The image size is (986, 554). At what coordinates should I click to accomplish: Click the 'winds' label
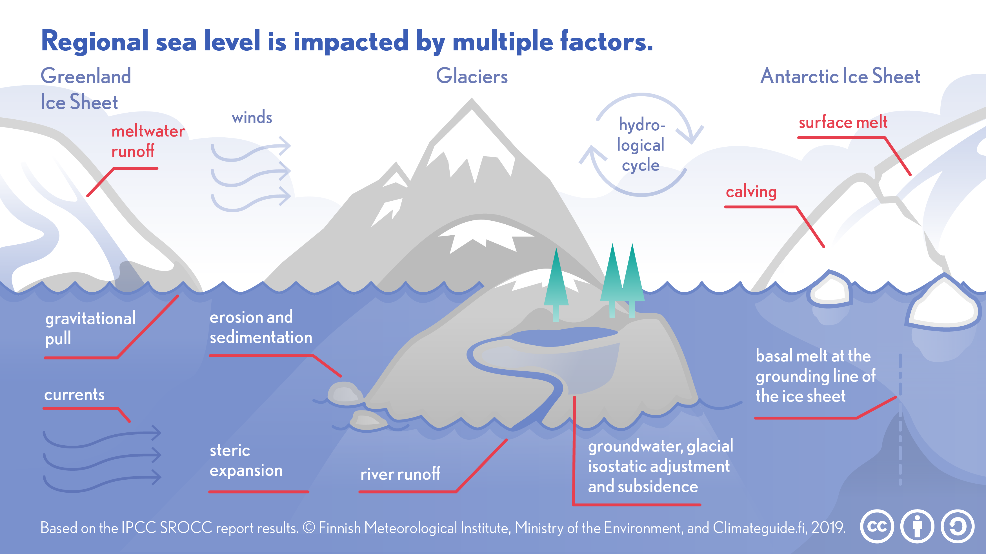tap(252, 117)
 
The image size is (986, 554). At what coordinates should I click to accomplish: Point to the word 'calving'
tap(751, 192)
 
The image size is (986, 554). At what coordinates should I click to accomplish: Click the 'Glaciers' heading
tap(472, 76)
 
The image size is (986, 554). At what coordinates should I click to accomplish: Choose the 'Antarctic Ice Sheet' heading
tap(840, 76)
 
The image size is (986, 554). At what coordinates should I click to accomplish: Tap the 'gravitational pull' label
tap(90, 328)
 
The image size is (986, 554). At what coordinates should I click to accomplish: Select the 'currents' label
tap(74, 394)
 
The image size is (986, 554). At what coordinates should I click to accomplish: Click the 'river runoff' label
tap(400, 474)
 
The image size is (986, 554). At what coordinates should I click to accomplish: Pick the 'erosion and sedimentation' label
tap(261, 327)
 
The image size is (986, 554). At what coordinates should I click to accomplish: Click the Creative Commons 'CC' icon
tap(877, 526)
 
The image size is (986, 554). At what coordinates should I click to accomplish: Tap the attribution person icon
tap(917, 526)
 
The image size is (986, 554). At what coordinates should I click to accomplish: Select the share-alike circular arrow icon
tap(957, 526)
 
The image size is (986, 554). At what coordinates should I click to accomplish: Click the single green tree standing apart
tap(556, 283)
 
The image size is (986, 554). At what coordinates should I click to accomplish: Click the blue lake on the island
tap(563, 336)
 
